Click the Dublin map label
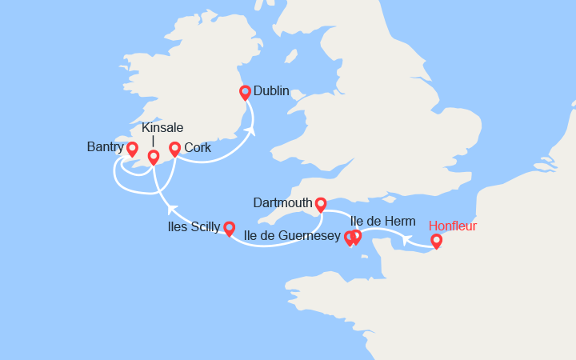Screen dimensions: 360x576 click(x=271, y=91)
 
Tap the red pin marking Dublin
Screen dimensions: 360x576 click(x=246, y=93)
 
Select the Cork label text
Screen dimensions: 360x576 click(x=197, y=148)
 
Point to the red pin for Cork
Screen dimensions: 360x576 click(x=175, y=149)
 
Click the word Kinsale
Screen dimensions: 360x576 click(x=162, y=128)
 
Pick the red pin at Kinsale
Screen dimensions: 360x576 click(x=154, y=158)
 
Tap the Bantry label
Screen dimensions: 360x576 click(x=106, y=147)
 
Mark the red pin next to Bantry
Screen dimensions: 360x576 click(x=132, y=149)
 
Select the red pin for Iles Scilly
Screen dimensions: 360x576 click(x=229, y=229)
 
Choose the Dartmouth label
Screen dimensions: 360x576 click(x=282, y=203)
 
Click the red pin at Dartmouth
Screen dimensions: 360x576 click(x=321, y=205)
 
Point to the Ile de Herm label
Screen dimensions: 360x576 click(x=383, y=221)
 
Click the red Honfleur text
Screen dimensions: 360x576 click(x=453, y=226)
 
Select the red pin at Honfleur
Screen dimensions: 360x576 click(x=437, y=240)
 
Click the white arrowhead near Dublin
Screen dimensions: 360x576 click(x=250, y=130)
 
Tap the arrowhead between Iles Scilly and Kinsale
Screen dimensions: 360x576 click(x=170, y=209)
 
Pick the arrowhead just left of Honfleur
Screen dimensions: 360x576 click(x=406, y=239)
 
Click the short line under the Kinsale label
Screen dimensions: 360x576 click(x=153, y=142)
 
